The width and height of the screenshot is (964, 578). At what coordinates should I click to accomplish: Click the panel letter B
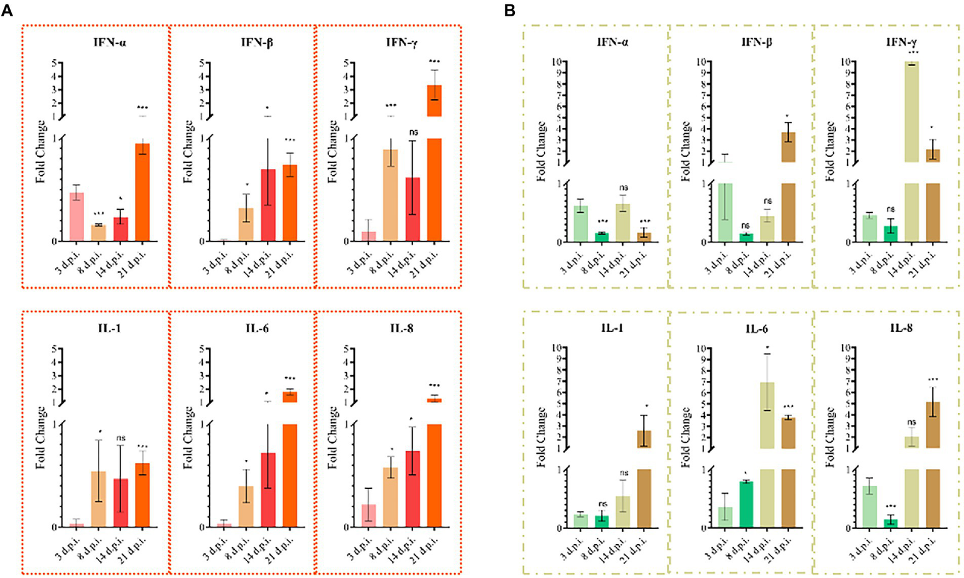510,11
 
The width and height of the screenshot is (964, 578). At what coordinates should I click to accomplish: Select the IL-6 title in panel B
756,329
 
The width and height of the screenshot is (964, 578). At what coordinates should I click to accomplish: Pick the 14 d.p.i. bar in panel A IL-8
413,489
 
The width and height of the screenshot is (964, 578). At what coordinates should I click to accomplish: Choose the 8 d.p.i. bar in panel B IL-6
747,505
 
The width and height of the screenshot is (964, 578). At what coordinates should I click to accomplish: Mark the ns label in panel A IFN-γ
413,132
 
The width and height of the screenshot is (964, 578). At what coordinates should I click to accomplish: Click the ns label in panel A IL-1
121,438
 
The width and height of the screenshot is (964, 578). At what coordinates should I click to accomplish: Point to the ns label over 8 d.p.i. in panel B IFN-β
746,225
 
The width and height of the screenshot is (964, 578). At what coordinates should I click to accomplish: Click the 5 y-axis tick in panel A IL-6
202,349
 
